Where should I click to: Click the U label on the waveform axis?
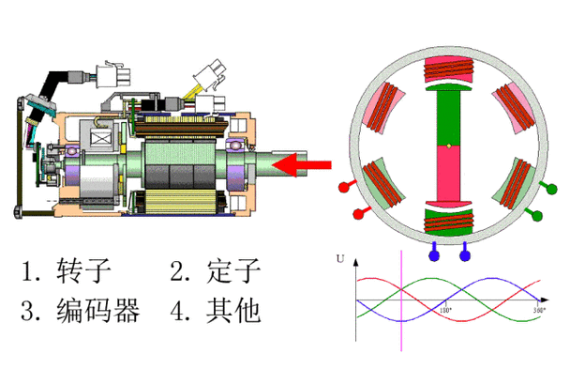coord(341,257)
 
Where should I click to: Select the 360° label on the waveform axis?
coord(538,309)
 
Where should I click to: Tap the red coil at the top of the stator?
coord(448,70)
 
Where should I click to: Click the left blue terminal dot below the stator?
coord(434,254)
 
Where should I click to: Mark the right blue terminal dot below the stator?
coord(464,254)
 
